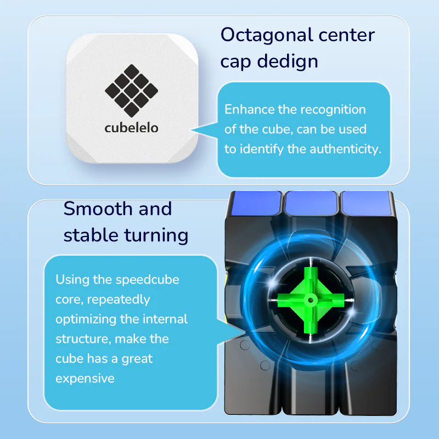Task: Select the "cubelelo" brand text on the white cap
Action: (131, 127)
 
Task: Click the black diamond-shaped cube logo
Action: (131, 91)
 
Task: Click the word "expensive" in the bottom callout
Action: (85, 378)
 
